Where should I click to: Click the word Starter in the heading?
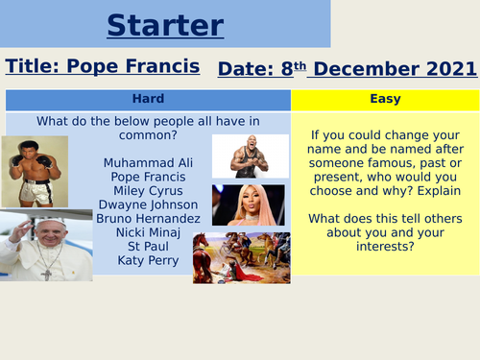point(165,25)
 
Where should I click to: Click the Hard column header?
point(148,98)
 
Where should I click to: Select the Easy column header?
point(385,98)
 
